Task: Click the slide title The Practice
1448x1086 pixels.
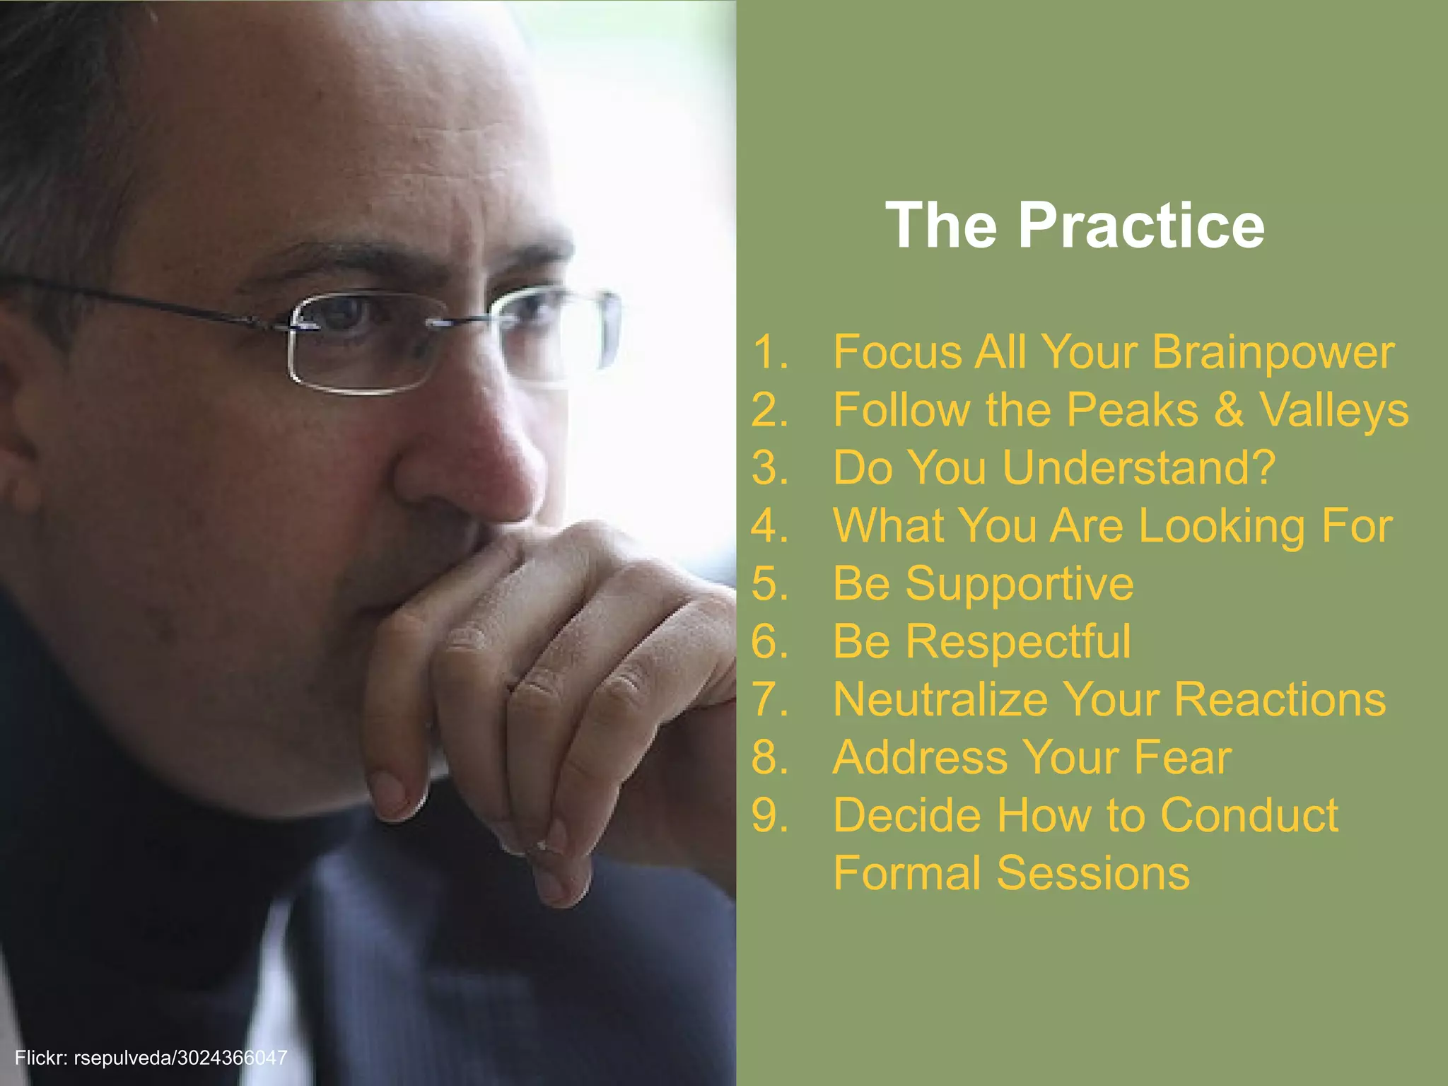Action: (x=1075, y=226)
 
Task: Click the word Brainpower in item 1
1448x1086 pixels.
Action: (x=1273, y=352)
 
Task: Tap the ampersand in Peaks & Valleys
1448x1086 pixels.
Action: (x=1229, y=410)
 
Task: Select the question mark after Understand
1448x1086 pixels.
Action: (x=1261, y=468)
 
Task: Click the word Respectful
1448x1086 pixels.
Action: (x=1018, y=641)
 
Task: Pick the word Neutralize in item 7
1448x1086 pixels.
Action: (x=940, y=699)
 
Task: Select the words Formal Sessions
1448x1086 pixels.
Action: (x=1011, y=873)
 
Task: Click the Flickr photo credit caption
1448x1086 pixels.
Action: (x=151, y=1058)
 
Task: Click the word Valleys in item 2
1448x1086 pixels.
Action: (x=1334, y=410)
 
